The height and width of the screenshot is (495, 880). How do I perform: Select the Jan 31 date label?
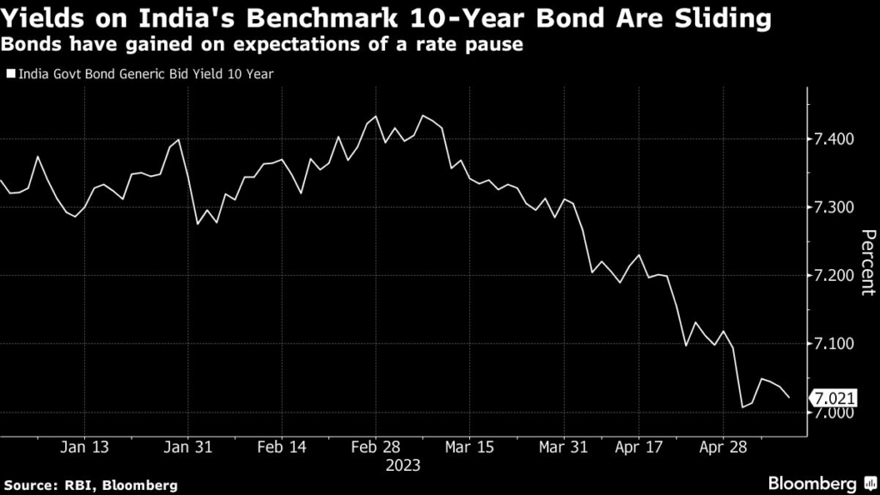click(187, 447)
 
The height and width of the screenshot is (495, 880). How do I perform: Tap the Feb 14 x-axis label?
click(282, 447)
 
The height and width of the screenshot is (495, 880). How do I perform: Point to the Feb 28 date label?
click(377, 447)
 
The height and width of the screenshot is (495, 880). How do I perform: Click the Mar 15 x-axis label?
click(469, 447)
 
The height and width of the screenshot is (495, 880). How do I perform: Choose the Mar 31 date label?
click(563, 447)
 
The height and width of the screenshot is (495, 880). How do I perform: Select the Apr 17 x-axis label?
click(640, 447)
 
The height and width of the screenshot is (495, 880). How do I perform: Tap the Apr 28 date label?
click(723, 447)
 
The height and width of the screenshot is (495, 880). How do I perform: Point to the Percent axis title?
click(867, 262)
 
